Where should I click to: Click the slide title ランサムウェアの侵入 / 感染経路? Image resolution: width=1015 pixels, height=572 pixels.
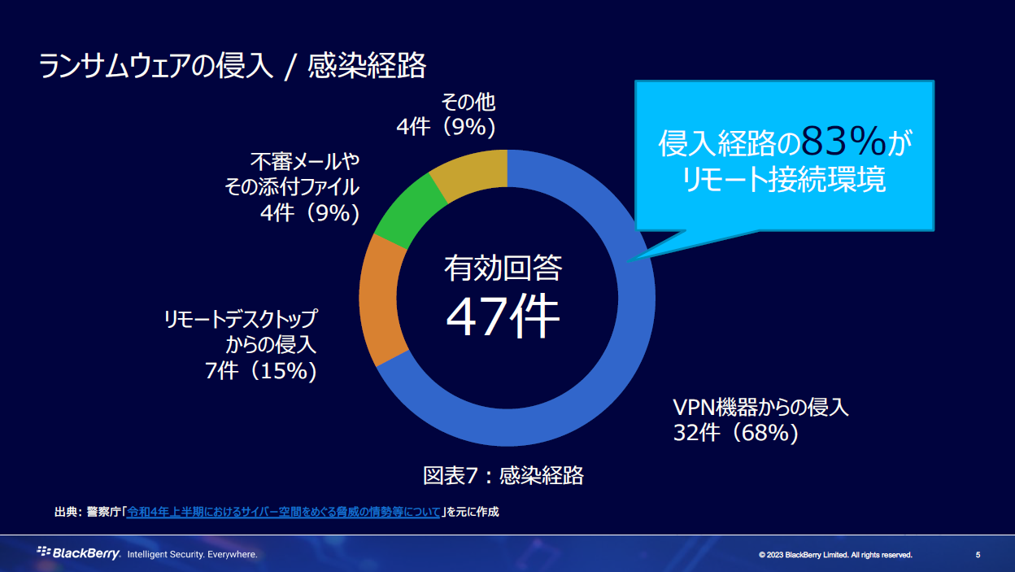coord(233,66)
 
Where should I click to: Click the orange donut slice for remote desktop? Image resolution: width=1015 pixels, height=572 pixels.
coord(379,301)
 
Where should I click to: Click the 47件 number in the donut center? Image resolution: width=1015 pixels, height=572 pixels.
coord(503,317)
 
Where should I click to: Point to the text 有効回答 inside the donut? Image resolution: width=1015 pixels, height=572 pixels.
coord(503,268)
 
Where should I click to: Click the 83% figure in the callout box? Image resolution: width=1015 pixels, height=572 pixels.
coord(843,142)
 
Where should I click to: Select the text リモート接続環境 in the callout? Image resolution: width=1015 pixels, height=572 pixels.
coord(784,181)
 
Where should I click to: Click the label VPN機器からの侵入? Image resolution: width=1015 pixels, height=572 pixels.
coord(760,407)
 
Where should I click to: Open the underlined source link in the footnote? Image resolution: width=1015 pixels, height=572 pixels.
coord(284,512)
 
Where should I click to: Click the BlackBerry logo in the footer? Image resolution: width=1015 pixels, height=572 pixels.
coord(79,553)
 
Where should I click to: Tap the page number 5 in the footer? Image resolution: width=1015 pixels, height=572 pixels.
coord(978,555)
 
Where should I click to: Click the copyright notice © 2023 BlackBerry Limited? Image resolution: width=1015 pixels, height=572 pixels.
coord(835,555)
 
